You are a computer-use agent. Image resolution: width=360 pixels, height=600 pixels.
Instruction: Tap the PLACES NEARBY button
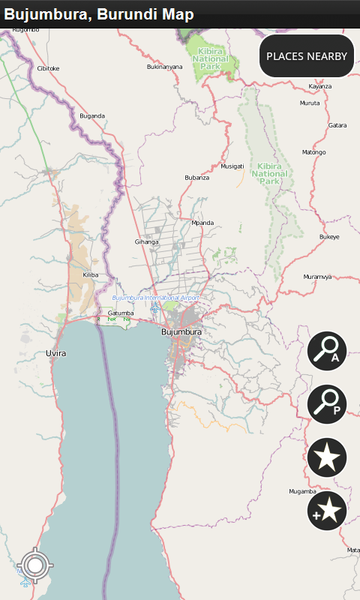tap(307, 56)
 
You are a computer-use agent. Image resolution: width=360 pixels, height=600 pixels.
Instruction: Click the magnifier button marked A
tap(327, 351)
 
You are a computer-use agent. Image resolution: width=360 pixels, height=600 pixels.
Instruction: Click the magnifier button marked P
tap(327, 403)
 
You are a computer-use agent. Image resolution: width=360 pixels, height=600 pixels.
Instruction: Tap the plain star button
tap(327, 457)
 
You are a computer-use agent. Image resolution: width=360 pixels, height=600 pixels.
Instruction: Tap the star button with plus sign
tap(327, 511)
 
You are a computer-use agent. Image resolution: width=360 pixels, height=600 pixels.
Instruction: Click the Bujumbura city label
tap(181, 331)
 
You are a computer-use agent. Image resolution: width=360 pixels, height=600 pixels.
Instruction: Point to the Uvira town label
tap(56, 352)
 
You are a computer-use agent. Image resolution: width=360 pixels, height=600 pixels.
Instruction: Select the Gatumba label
tap(120, 313)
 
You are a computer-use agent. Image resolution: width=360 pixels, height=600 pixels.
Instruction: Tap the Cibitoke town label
tap(48, 68)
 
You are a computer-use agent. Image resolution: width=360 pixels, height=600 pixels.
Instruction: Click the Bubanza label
tap(196, 178)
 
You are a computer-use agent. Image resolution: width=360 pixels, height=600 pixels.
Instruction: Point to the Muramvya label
tap(317, 277)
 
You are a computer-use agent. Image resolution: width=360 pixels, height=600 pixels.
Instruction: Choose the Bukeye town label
tap(329, 237)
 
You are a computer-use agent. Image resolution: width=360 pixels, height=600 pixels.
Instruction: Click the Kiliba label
tap(90, 275)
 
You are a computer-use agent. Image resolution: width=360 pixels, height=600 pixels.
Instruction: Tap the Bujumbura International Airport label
tap(156, 298)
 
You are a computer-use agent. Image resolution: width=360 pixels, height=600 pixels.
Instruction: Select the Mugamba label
tap(302, 491)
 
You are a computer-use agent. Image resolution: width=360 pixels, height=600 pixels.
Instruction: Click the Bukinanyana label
tap(165, 67)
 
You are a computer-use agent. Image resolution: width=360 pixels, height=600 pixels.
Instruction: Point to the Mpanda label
tap(202, 223)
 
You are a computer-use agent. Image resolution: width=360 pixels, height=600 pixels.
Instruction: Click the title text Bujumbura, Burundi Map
tap(99, 14)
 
